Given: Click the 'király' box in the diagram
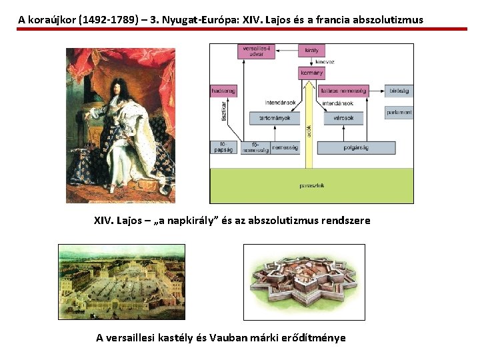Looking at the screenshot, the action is [311, 51].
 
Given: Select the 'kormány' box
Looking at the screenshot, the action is [312, 73].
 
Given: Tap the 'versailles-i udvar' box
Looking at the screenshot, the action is [255, 51].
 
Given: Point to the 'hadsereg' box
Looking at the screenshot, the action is [223, 91].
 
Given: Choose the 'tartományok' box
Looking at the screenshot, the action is [270, 118].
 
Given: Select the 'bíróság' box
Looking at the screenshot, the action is [399, 91].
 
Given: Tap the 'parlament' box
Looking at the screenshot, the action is [399, 113].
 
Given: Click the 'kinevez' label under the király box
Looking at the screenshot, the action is [325, 62].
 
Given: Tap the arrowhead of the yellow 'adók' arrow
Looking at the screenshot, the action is [308, 84].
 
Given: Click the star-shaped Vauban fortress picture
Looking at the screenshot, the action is [303, 282].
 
